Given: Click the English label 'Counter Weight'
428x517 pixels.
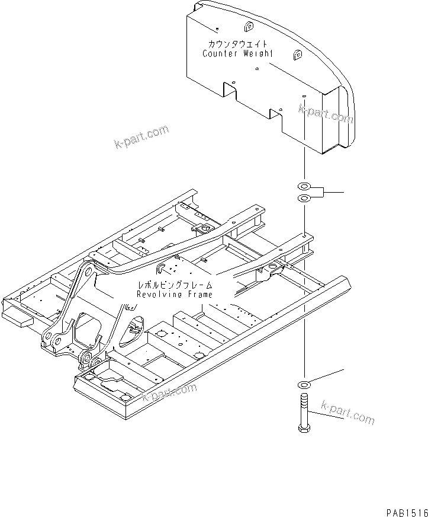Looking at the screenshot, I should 238,53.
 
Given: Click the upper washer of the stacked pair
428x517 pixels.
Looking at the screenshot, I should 304,187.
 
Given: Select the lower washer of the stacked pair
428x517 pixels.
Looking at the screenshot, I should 304,197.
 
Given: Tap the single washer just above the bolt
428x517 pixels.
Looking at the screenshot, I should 304,384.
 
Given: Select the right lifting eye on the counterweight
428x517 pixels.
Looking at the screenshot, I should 297,55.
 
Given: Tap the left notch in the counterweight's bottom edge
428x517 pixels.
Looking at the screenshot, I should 230,89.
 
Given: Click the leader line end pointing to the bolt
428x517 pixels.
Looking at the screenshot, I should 342,419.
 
